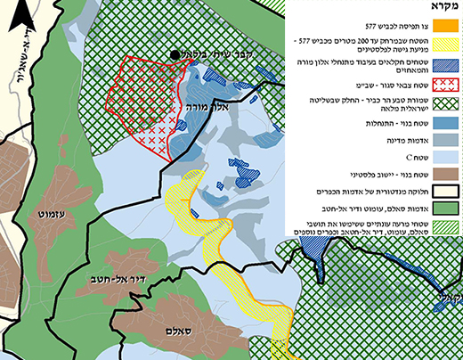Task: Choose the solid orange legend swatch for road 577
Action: point(447,25)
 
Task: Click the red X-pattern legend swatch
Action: point(447,86)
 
